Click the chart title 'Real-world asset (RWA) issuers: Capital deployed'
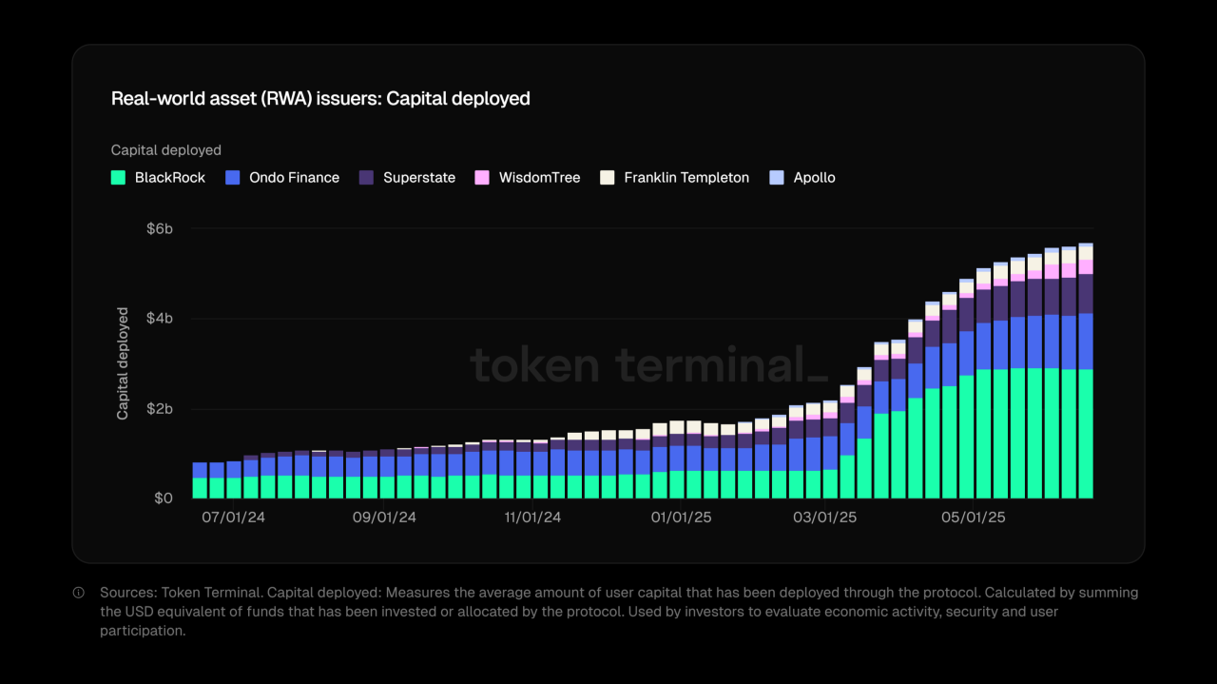coord(320,99)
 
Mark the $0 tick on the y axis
coord(164,498)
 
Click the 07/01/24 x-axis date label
coord(233,518)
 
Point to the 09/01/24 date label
coord(384,518)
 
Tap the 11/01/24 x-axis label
coord(532,518)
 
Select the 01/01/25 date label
coord(681,518)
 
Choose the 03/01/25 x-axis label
coord(825,518)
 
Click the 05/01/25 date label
coord(973,518)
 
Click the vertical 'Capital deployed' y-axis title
coord(123,363)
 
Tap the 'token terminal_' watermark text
coord(649,366)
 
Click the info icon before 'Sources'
coord(79,593)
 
